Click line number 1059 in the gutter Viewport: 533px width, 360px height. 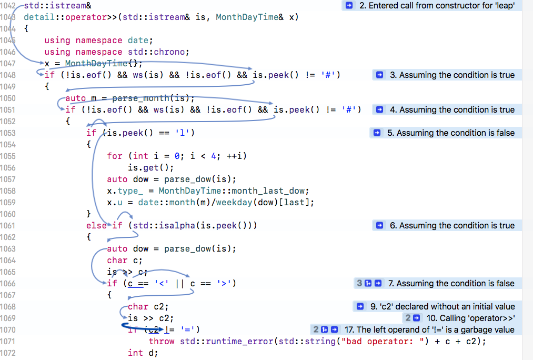(x=8, y=203)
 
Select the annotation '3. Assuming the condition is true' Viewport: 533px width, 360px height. (x=452, y=75)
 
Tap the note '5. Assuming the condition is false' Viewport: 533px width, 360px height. (x=451, y=133)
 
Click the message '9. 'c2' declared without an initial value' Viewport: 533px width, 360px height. (x=443, y=307)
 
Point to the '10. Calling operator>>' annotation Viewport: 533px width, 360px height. (x=471, y=318)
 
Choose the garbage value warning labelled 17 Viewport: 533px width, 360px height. (x=429, y=330)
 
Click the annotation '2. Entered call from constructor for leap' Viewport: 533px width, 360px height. (x=437, y=6)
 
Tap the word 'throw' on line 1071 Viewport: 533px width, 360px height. (x=162, y=341)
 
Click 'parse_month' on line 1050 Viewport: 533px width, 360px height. (x=140, y=98)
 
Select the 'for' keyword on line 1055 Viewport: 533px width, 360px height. (x=115, y=156)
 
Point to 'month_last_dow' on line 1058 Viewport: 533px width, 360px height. (x=270, y=191)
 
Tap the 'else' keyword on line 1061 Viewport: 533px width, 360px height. (x=96, y=226)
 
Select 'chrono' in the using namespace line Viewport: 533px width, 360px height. (x=169, y=52)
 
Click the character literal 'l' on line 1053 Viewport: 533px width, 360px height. (x=182, y=133)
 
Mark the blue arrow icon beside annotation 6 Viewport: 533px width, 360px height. (x=380, y=225)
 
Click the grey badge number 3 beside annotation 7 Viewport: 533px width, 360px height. (x=359, y=284)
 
